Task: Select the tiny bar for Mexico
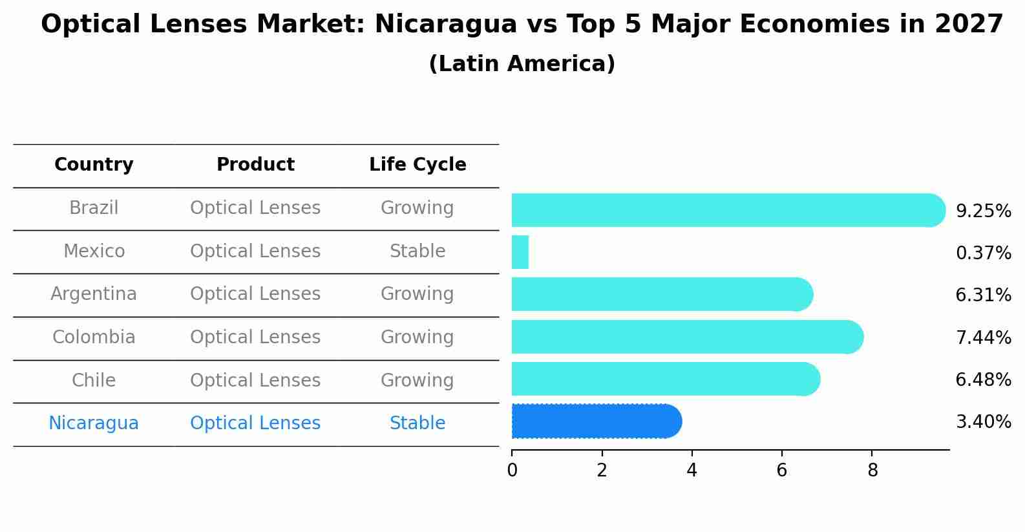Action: [520, 252]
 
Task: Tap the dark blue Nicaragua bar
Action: [595, 421]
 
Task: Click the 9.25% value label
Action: [983, 211]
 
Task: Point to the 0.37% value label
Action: [983, 253]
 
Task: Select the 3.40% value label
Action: [983, 422]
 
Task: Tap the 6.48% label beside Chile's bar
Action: [983, 380]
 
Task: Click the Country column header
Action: [94, 165]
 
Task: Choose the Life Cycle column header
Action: [417, 165]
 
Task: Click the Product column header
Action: [255, 165]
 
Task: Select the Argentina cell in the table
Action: [94, 294]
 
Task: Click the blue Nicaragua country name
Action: [94, 423]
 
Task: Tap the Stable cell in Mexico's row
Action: [417, 251]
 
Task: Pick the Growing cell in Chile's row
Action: [417, 381]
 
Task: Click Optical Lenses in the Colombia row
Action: [255, 337]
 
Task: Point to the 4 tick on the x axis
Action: [692, 471]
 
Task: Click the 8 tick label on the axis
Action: [872, 471]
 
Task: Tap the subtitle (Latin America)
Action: [522, 64]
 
